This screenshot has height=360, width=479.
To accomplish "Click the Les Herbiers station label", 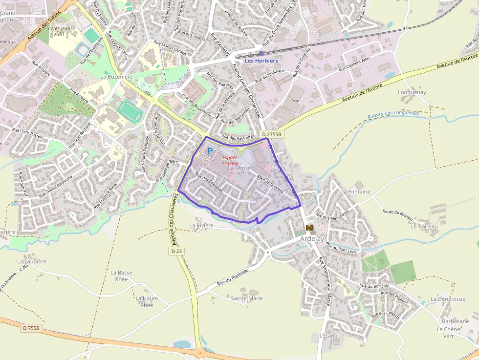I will click(x=261, y=61).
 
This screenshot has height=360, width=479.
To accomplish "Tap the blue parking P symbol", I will click(x=210, y=151).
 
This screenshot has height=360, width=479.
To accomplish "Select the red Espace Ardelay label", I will click(x=230, y=160).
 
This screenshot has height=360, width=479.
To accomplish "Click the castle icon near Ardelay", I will click(x=309, y=228).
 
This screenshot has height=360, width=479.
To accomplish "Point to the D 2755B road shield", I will click(x=272, y=134).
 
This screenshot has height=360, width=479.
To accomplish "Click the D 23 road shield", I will click(x=177, y=251).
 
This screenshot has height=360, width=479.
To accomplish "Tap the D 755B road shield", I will click(x=31, y=328).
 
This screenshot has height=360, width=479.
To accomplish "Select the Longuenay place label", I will click(x=412, y=92).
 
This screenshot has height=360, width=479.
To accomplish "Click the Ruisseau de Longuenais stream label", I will click(x=393, y=115).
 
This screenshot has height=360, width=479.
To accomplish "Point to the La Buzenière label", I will click(x=117, y=77).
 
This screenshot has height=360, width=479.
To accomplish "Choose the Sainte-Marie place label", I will click(x=247, y=298).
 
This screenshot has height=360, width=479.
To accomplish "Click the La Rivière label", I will click(x=201, y=225).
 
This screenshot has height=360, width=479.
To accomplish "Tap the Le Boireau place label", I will click(x=424, y=227).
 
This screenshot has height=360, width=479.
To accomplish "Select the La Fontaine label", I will click(x=356, y=192).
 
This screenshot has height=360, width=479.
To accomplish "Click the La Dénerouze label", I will click(x=448, y=298).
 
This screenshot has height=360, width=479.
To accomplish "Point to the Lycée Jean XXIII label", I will click(x=60, y=31).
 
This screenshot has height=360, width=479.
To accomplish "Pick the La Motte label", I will click(x=239, y=168).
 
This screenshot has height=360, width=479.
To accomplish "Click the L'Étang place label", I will click(x=328, y=336).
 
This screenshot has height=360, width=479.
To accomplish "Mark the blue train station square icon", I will click(x=261, y=53).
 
